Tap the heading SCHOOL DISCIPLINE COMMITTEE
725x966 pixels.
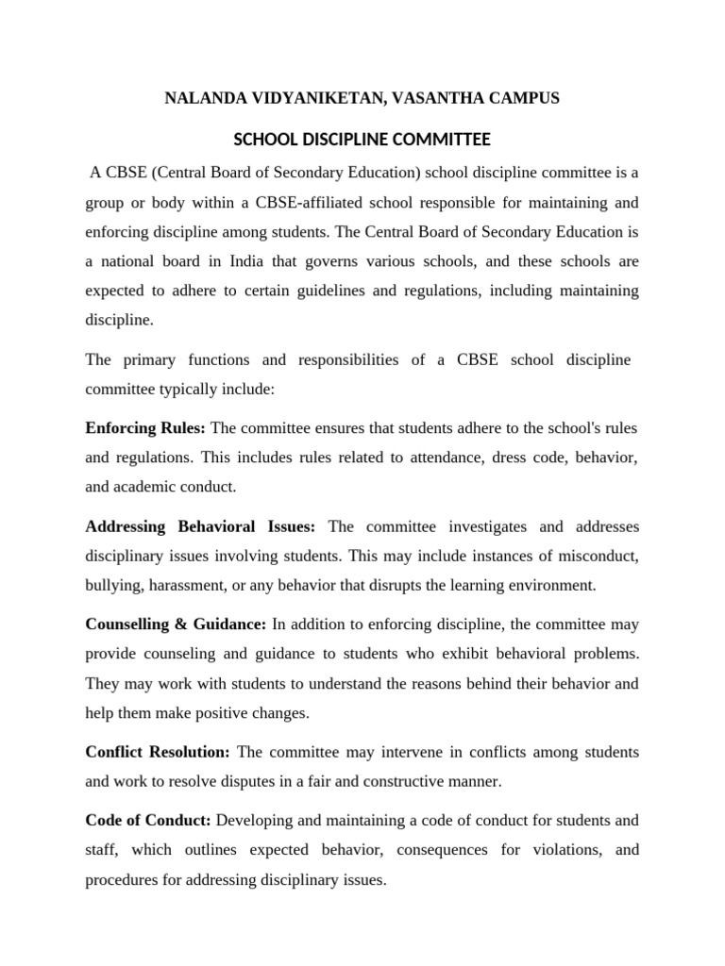pos(362,140)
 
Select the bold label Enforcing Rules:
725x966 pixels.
pos(145,428)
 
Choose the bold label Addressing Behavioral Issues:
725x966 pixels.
pos(200,526)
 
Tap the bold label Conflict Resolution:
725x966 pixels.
pos(158,752)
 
